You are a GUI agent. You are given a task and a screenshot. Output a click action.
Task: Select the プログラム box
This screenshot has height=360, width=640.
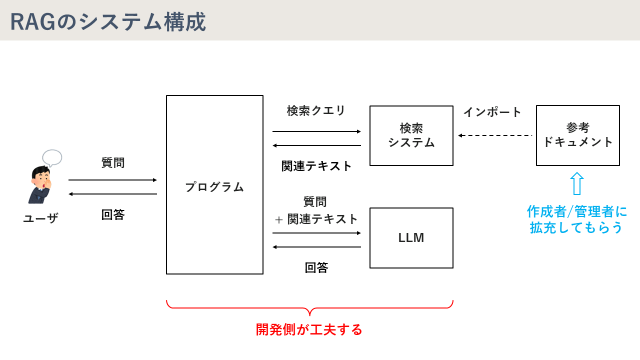[214, 185]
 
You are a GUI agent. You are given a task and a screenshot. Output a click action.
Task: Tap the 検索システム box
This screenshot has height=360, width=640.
[411, 135]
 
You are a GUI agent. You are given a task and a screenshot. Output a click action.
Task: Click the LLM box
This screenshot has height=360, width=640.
[411, 237]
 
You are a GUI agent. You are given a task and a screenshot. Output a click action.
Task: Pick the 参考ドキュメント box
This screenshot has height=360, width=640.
[576, 135]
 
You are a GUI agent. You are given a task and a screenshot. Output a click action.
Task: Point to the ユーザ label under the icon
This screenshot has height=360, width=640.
[40, 217]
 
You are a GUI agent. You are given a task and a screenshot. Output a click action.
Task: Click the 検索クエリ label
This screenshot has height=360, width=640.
[316, 111]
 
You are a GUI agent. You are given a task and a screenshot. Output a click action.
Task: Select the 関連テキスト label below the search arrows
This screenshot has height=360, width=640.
[316, 167]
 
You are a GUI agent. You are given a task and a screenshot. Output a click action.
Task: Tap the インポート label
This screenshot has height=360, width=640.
[492, 112]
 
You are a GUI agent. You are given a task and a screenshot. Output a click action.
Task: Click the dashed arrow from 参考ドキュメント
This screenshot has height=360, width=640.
[494, 135]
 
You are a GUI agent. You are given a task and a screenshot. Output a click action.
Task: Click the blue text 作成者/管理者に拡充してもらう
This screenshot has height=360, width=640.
[577, 219]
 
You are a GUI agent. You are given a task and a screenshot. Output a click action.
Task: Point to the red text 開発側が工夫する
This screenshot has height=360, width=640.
[309, 328]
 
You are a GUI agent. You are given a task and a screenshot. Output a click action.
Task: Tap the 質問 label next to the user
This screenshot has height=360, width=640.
[113, 161]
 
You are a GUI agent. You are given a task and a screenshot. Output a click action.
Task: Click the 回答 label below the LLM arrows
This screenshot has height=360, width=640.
[316, 267]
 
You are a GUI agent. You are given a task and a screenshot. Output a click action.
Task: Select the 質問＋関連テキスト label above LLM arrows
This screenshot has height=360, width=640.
[316, 210]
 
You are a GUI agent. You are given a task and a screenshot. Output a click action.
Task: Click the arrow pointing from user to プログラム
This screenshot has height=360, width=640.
[113, 180]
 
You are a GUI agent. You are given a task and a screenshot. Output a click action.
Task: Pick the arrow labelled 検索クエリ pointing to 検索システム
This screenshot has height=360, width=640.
[316, 131]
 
